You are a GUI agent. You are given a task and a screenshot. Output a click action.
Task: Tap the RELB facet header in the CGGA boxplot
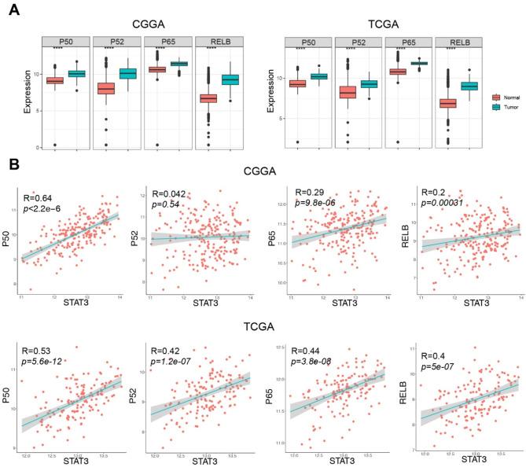coord(217,42)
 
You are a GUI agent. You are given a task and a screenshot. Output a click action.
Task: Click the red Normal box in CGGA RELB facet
coord(208,98)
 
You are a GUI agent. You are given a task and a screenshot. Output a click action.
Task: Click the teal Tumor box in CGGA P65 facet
coord(179,64)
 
